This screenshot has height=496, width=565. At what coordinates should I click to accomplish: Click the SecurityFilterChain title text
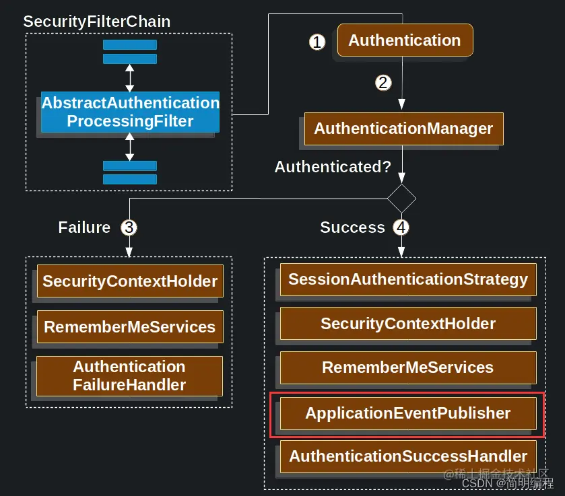pos(96,22)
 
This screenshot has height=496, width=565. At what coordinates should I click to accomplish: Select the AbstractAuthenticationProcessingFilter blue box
pos(130,112)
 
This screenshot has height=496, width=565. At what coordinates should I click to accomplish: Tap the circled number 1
pos(317,42)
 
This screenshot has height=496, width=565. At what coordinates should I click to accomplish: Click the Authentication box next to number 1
pos(405,40)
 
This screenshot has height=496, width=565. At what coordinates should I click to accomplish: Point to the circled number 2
pos(383,83)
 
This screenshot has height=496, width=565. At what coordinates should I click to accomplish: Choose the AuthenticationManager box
pos(403,129)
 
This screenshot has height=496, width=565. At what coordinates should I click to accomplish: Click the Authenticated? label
pos(333,167)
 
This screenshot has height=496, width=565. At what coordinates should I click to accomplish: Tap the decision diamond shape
pos(402,199)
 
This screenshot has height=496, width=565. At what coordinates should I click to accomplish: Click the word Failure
pos(84,227)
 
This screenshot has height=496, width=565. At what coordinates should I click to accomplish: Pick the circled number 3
pos(129,227)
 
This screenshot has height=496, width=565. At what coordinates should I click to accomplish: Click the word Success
pos(352,227)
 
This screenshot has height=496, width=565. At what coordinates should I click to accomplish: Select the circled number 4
pos(401,227)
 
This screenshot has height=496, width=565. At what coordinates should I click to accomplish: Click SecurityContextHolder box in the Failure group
pos(130,281)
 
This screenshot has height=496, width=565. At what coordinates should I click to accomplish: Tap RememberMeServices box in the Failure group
pos(130,326)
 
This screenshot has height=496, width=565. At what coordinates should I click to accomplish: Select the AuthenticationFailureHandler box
pos(130,376)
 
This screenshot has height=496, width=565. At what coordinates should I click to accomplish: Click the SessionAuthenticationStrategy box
pos(408,279)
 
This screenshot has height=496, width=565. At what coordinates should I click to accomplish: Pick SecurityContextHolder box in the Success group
pos(408,324)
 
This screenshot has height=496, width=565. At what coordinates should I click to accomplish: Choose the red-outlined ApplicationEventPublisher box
pos(408,413)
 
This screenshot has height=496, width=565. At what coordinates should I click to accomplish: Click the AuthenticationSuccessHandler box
pos(408,456)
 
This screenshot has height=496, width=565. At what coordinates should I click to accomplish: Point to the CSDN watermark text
pos(507,483)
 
